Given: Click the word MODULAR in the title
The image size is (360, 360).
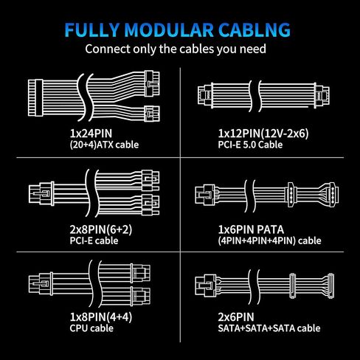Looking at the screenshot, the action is coord(169,30).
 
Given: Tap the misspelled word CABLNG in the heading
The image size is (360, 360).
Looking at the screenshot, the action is coord(255,30).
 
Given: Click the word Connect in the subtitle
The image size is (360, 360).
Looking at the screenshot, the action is coord(108,49).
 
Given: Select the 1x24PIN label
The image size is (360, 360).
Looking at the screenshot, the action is coord(91,134).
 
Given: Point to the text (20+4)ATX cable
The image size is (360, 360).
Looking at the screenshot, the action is coord(104,145).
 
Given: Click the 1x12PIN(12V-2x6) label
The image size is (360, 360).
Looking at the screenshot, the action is coord(263,134).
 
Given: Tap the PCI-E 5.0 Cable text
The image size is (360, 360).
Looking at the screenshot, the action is coord(250,145).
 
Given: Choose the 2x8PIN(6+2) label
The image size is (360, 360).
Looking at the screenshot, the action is coord(101,229).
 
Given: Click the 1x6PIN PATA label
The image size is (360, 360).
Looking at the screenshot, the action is coord(251,229).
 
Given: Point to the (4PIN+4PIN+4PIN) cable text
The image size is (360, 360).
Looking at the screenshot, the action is coord(269,240).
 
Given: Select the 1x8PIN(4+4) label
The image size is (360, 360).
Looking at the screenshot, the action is coord(101,317).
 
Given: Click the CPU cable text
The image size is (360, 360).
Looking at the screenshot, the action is coord(91,328).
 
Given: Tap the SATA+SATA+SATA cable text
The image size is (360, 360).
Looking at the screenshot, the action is coord(269,328).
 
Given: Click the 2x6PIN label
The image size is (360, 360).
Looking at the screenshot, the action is coord(236,317).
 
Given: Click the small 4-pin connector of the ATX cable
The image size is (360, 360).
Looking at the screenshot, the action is coord(152,114).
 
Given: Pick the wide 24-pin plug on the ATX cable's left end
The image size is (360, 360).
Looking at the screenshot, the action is coord(35,97).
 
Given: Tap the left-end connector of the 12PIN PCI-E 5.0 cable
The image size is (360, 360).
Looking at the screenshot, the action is coord(205,95).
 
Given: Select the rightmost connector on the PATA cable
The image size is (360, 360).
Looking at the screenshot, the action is coord(333,195).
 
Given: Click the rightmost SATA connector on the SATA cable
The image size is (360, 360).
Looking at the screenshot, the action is coord(331,285).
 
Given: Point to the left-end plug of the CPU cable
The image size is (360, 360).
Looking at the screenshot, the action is coord(41,284).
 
